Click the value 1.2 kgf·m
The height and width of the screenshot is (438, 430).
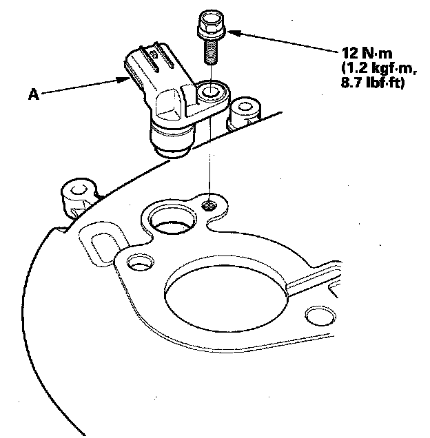pos(373,70)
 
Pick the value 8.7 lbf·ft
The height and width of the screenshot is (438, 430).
pos(373,85)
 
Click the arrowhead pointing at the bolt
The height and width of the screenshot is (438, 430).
pos(232,31)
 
